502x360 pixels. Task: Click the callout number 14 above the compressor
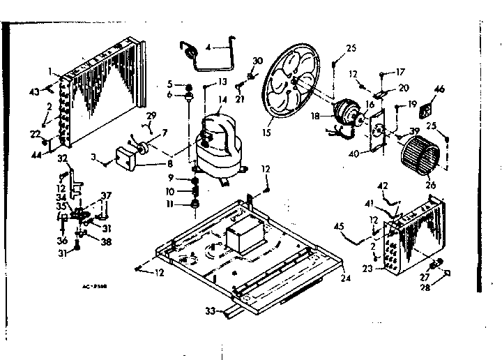pos(222,100)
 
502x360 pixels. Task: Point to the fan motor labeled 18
pos(344,112)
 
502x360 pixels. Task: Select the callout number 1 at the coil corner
pos(51,70)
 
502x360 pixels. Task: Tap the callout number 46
pos(439,89)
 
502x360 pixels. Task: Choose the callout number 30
pos(257,61)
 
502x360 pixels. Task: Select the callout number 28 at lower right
pos(441,285)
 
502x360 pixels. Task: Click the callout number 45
pos(340,225)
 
